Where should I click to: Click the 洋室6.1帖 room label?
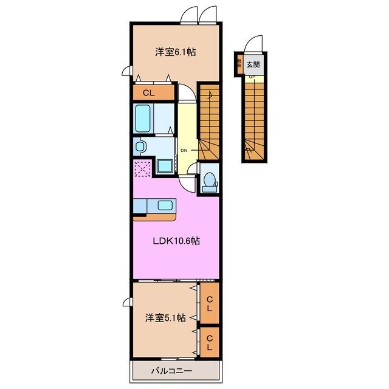coord(170,53)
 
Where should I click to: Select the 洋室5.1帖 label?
coord(165,318)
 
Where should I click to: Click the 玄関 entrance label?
coord(253,64)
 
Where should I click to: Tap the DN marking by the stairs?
coord(183,150)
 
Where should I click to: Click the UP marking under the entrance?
coord(251,76)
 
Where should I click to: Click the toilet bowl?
coord(209,181)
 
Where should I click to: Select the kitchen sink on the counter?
coord(164,205)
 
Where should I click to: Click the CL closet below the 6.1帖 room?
coord(149,93)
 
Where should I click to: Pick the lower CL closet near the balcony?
coord(209,343)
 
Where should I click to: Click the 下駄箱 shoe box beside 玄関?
coord(239,63)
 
